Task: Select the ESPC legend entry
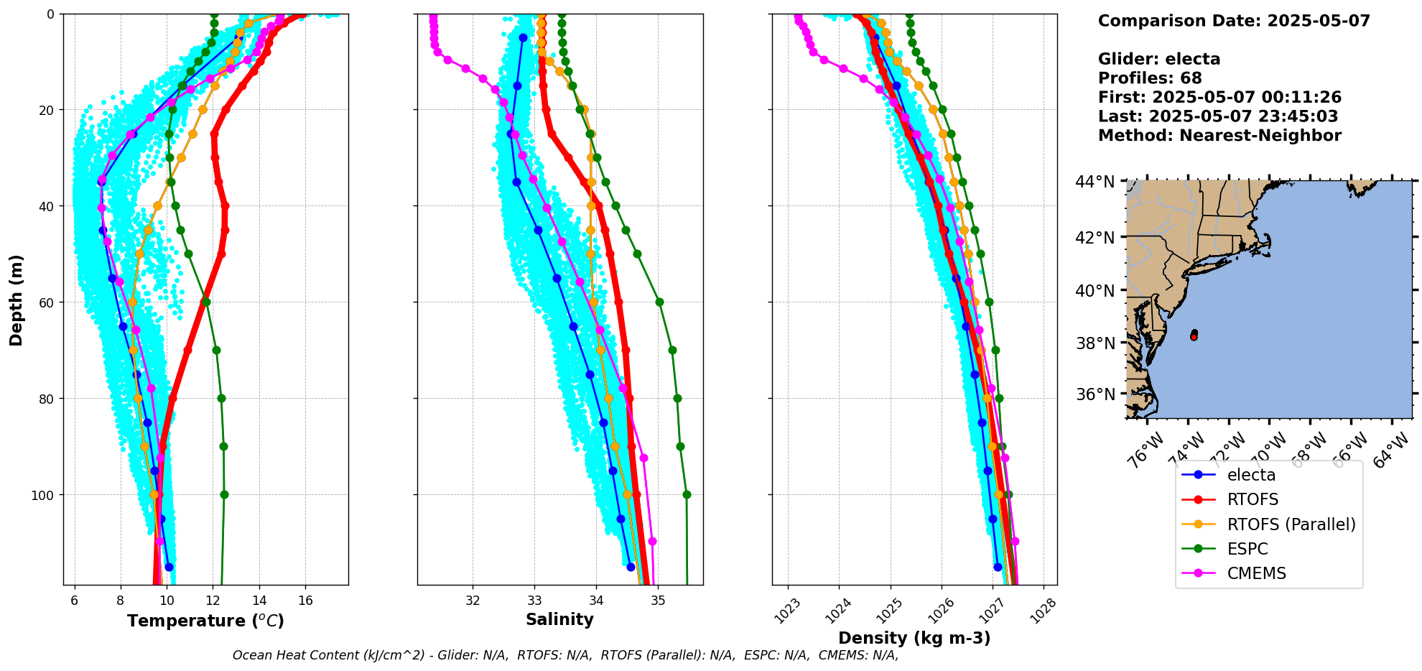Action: [1247, 549]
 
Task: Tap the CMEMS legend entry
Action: [1256, 573]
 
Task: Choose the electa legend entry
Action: [1251, 475]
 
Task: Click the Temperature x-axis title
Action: [205, 621]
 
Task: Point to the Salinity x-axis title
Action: [559, 619]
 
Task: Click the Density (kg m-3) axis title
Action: [914, 638]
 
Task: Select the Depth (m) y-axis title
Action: [17, 300]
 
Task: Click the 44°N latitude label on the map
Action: [1095, 182]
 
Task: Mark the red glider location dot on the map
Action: [1194, 336]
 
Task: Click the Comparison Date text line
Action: [1234, 21]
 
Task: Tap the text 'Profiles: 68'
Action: [1150, 78]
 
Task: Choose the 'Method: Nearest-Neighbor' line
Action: [1219, 135]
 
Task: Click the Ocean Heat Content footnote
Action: [565, 655]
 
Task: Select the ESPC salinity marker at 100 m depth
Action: [687, 494]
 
